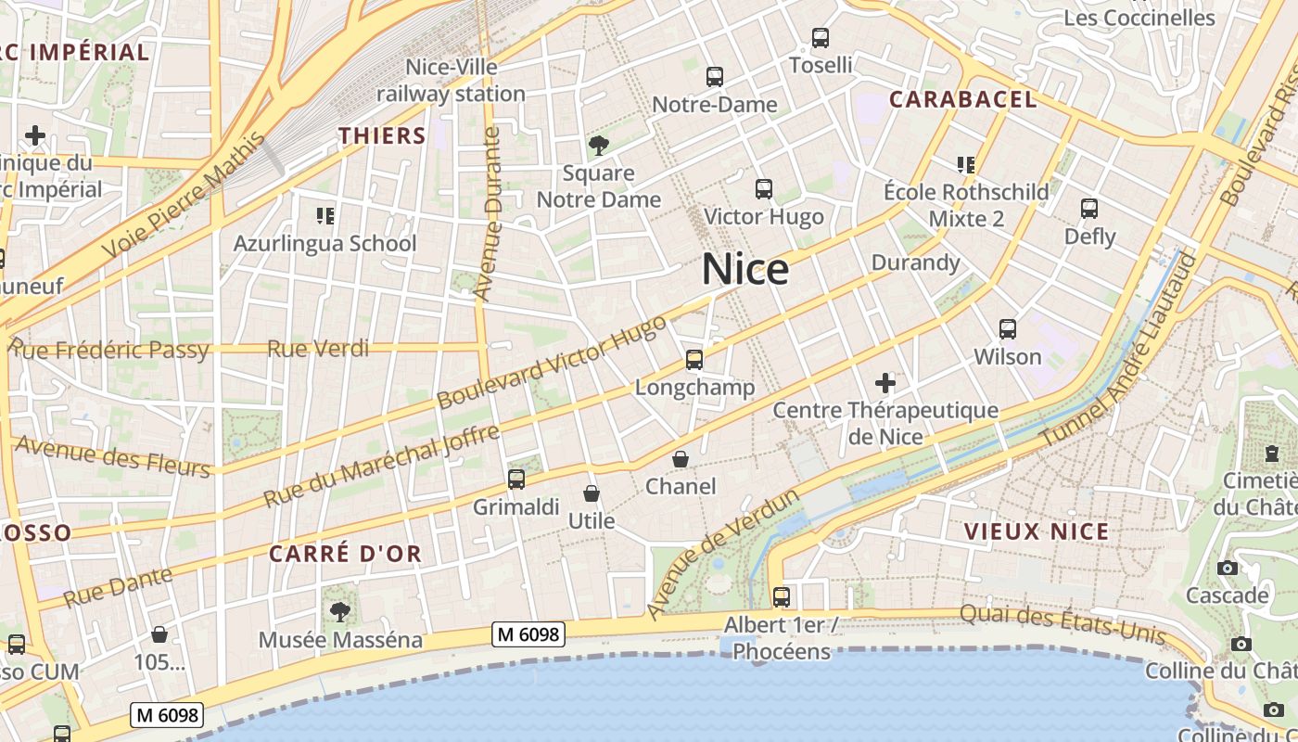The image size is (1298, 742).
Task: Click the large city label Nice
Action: pos(745,270)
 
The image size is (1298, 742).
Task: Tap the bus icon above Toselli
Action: pos(821,38)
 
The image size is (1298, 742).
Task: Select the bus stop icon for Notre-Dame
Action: pos(714,77)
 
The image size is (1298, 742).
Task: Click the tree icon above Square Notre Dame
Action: pos(598,145)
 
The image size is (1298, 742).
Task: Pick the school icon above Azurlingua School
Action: pos(324,216)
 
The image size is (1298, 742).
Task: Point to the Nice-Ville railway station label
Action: pos(452,81)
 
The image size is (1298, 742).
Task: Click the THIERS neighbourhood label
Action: pos(382,135)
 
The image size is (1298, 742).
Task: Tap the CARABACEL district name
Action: pos(962,99)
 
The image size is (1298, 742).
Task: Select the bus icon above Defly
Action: pos(1089,209)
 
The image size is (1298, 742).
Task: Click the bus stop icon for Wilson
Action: pos(1008,328)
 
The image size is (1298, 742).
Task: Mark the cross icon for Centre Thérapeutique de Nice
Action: pos(885,382)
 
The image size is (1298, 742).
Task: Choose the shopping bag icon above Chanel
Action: pos(681,459)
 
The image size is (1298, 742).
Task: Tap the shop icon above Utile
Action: pos(592,493)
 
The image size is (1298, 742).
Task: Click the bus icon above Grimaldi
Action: pos(516,480)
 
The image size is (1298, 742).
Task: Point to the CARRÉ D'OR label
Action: pos(345,555)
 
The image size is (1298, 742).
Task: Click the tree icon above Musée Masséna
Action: pos(340,611)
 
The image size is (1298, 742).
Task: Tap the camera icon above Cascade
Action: pos(1228,568)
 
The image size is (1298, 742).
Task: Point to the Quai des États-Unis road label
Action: pos(1063,624)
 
